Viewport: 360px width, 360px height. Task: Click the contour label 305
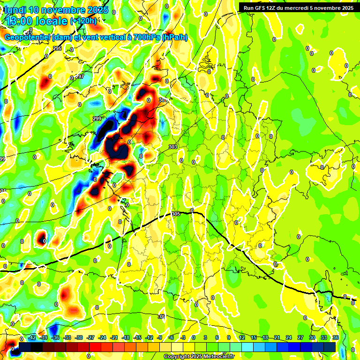[x=176, y=214]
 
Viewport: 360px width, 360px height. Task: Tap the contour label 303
[x=173, y=147]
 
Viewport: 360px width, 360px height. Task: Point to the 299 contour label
[x=97, y=119]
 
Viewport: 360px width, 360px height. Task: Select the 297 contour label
[x=80, y=76]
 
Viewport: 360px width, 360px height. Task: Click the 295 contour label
[x=57, y=49]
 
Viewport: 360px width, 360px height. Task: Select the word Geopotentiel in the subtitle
[x=28, y=37]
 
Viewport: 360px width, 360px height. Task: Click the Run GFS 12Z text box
[x=296, y=7]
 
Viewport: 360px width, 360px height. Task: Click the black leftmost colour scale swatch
[x=25, y=346]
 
